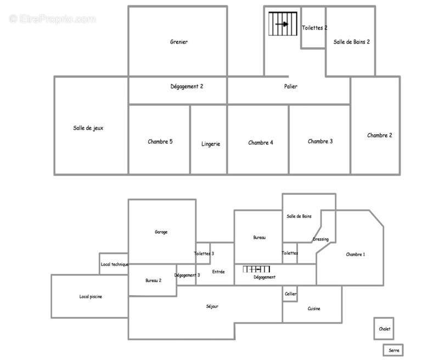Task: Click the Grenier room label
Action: click(179, 42)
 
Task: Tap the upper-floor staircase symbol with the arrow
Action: click(283, 24)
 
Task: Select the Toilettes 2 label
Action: click(314, 28)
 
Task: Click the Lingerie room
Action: click(211, 144)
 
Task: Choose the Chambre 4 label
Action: click(261, 143)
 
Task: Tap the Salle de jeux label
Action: click(88, 128)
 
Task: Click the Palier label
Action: click(291, 86)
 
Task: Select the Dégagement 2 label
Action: click(187, 86)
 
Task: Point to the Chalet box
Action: click(385, 329)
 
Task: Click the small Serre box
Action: click(393, 350)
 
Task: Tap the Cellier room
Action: click(290, 294)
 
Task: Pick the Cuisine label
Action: click(314, 308)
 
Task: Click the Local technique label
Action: click(114, 264)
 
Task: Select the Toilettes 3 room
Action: click(204, 254)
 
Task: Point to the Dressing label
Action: click(320, 239)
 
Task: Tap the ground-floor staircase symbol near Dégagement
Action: click(256, 269)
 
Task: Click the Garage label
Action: click(161, 232)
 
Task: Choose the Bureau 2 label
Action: click(153, 280)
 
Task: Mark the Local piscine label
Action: click(91, 296)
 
